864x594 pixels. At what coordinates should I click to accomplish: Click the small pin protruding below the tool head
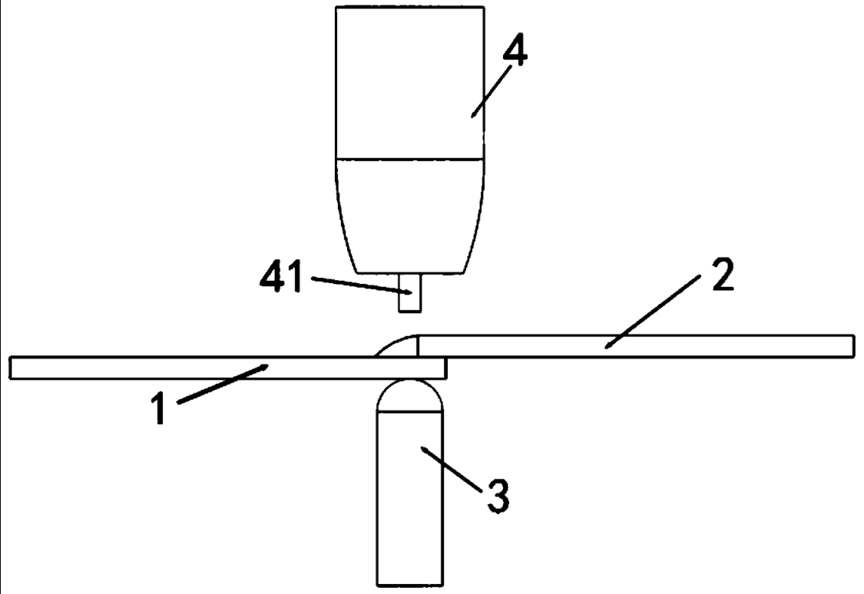pyautogui.click(x=409, y=293)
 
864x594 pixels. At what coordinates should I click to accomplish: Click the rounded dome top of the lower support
pyautogui.click(x=409, y=395)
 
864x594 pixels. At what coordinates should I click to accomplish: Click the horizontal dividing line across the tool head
pyautogui.click(x=409, y=160)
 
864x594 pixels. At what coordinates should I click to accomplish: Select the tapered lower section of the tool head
pyautogui.click(x=409, y=215)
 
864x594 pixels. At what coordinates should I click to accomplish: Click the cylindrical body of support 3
pyautogui.click(x=409, y=522)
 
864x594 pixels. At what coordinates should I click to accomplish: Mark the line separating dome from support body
pyautogui.click(x=409, y=412)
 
